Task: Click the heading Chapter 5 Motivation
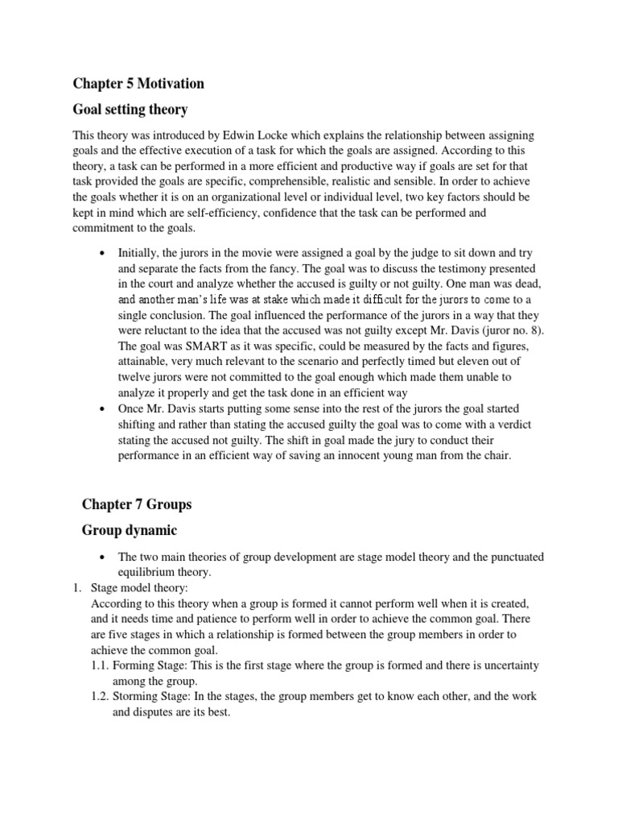coord(138,83)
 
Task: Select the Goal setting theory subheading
coord(130,109)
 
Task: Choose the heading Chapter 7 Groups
coord(138,504)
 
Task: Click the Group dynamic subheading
coord(130,530)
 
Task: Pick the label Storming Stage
coord(150,696)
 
